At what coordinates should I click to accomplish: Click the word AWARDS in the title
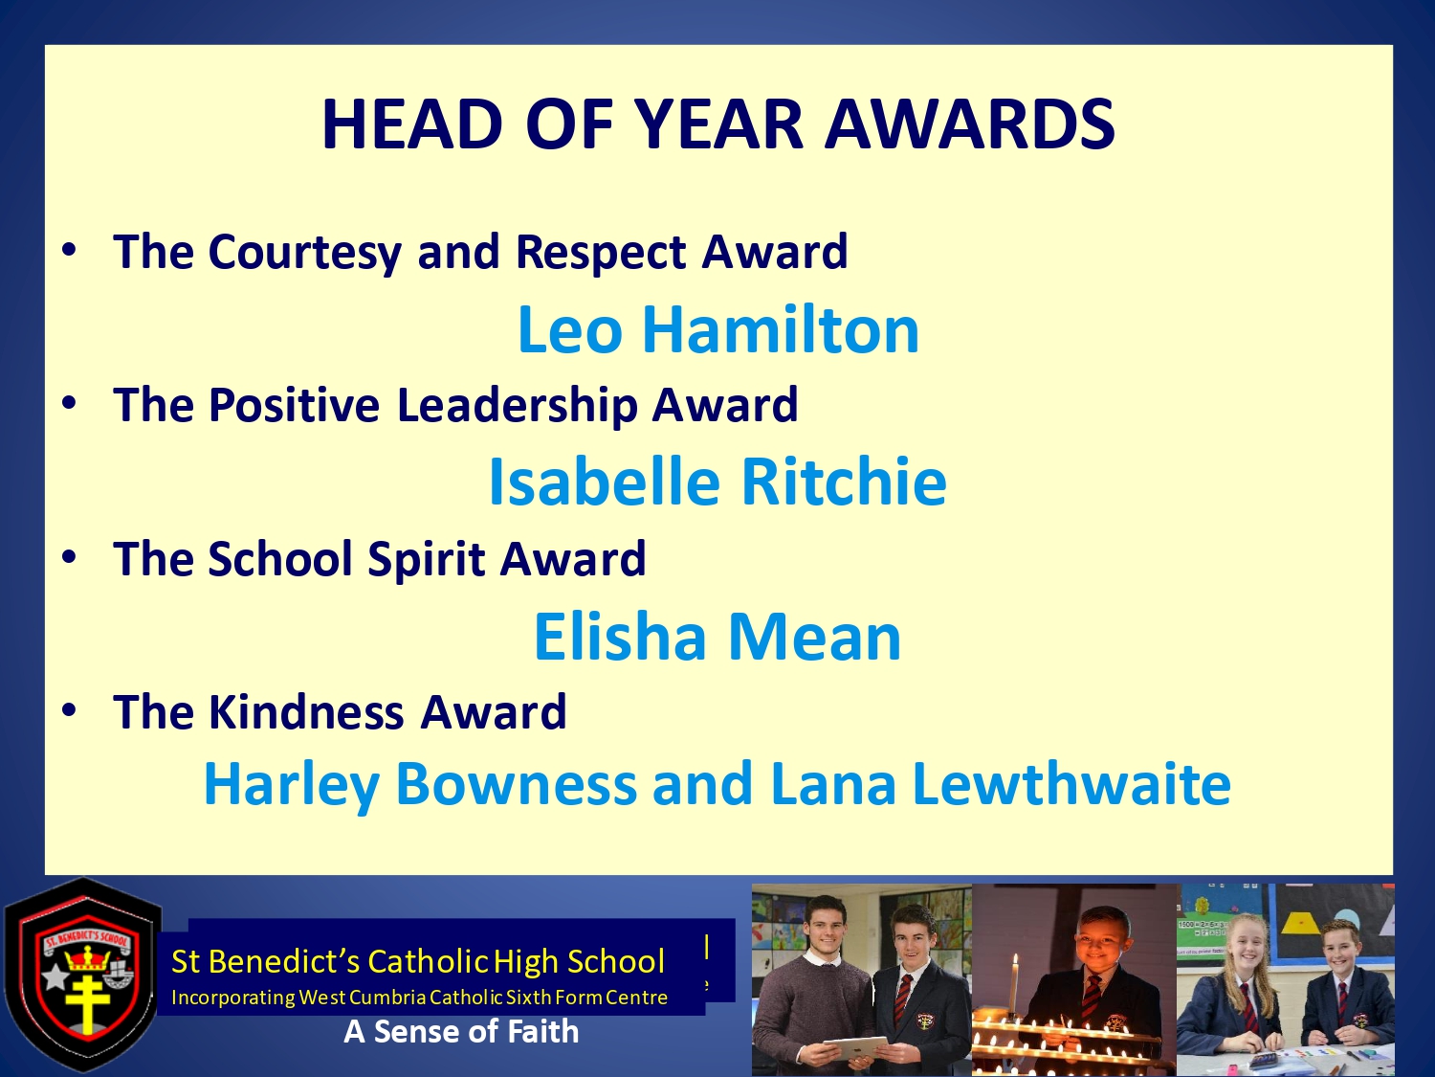point(969,124)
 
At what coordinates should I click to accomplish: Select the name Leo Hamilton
point(718,329)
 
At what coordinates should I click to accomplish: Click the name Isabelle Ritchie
point(717,482)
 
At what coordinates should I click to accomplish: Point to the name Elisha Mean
point(717,636)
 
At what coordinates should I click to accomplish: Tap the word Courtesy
point(304,253)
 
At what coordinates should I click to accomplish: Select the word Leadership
point(518,405)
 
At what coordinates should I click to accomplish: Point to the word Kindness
point(306,711)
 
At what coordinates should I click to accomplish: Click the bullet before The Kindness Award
point(69,709)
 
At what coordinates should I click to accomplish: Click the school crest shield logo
point(83,976)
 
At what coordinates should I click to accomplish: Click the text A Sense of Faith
point(461,1032)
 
